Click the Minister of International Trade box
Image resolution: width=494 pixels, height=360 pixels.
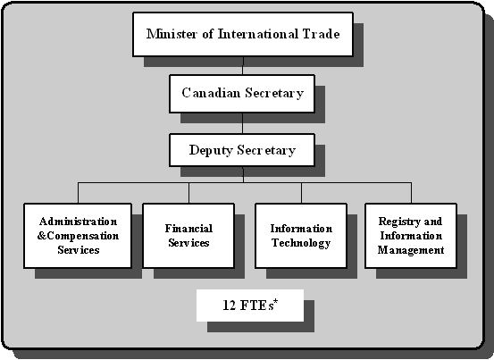[242, 35]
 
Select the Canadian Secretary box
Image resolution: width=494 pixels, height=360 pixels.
[242, 93]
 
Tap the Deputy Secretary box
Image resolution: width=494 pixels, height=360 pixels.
[242, 149]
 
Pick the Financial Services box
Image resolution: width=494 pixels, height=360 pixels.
[188, 236]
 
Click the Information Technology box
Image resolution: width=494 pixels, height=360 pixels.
[301, 236]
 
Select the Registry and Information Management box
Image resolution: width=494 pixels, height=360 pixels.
[410, 236]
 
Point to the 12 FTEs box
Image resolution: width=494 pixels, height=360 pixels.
[249, 305]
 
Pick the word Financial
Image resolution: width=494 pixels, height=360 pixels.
[188, 229]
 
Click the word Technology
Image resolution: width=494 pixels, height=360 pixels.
[301, 243]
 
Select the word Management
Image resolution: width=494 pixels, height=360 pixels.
[410, 250]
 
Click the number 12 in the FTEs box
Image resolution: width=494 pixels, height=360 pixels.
[229, 306]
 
